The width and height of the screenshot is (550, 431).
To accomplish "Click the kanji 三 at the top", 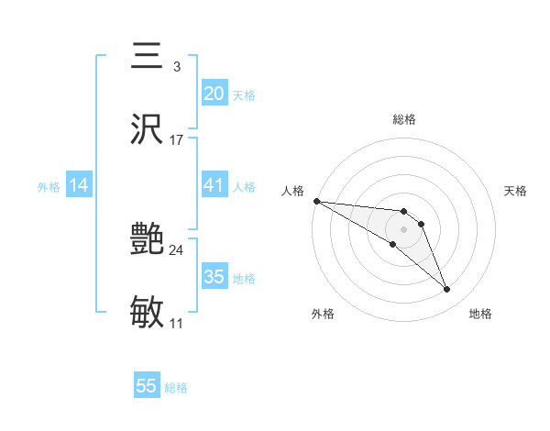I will click(x=148, y=56).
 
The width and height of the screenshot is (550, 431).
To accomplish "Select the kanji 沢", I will click(x=148, y=128).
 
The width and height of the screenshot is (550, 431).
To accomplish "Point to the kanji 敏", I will click(x=148, y=313).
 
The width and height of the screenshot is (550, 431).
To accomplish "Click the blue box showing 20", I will click(x=214, y=93).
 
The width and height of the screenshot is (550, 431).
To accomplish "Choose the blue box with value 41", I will click(x=214, y=185).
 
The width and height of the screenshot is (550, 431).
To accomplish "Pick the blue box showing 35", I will click(x=214, y=277).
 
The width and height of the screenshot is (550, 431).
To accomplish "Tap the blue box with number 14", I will click(x=79, y=185).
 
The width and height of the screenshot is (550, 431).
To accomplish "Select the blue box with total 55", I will click(x=147, y=386).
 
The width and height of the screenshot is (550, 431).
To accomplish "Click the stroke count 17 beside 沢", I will click(x=177, y=140).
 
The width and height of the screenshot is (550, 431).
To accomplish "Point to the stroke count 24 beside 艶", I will click(x=177, y=250).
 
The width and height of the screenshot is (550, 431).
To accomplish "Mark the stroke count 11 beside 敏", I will click(x=177, y=324).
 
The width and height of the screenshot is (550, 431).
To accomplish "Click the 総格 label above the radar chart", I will click(x=403, y=120).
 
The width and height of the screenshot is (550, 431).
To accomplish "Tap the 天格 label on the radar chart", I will click(x=516, y=191).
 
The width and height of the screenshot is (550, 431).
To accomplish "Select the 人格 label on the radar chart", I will click(x=292, y=191).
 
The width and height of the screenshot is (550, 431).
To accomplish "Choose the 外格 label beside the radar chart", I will click(x=323, y=314).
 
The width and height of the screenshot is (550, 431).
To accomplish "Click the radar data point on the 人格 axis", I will click(x=316, y=201).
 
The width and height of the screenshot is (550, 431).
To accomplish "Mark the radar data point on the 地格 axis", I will click(x=447, y=290).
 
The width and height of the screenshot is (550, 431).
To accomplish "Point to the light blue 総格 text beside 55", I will click(x=176, y=388).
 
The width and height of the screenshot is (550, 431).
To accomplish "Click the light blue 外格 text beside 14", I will click(x=49, y=187).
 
